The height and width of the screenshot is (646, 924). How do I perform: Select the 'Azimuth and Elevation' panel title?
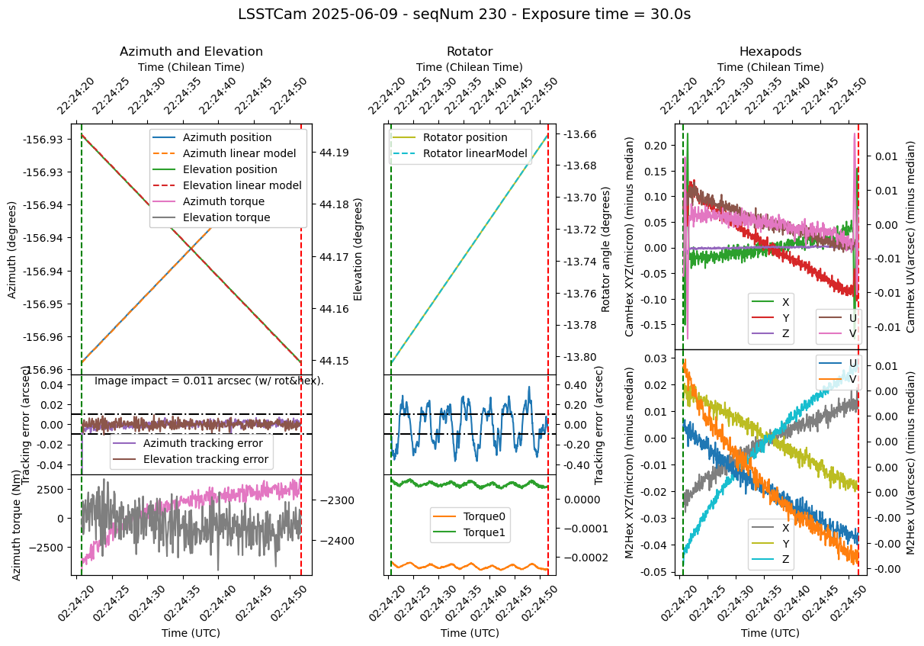[191, 52]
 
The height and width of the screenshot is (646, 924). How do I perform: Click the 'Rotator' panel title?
[470, 52]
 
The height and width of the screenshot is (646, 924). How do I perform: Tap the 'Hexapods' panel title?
[770, 52]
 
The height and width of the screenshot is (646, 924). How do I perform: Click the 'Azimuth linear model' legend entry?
[229, 153]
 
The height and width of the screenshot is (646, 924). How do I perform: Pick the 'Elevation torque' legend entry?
[225, 217]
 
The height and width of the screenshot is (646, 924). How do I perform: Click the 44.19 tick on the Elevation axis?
[335, 153]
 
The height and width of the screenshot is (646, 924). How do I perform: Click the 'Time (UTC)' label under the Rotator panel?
[470, 633]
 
